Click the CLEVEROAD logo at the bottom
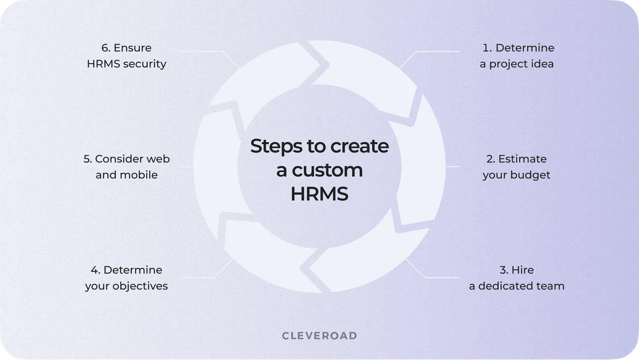pos(319,336)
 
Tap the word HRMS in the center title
pos(319,194)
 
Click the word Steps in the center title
pos(276,146)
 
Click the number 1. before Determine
pos(487,48)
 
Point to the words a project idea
pos(516,64)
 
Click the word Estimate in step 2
pos(522,159)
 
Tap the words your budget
pos(516,175)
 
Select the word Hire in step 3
pos(522,270)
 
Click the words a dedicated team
pos(516,286)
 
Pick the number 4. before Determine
pos(95,270)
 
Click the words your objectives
pos(126,286)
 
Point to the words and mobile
pos(126,175)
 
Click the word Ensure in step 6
pos(132,48)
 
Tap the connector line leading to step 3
pos(439,277)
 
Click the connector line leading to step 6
pos(200,52)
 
